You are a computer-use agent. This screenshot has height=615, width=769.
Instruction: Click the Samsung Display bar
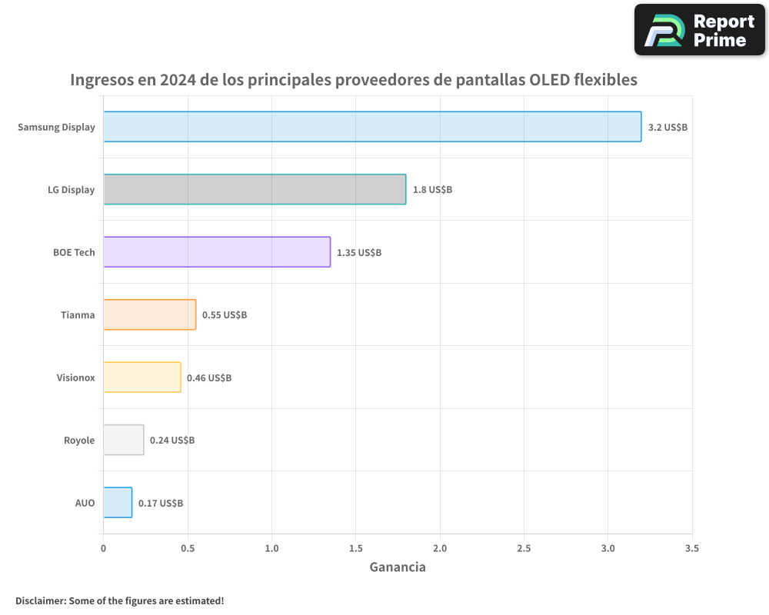(372, 127)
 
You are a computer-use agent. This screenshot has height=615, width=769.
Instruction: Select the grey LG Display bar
(255, 189)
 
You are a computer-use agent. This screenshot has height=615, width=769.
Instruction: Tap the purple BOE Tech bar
(217, 252)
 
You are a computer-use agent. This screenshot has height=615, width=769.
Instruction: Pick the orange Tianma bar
(150, 314)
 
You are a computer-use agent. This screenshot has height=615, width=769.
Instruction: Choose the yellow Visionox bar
(142, 377)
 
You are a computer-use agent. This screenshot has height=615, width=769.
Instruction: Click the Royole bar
(124, 440)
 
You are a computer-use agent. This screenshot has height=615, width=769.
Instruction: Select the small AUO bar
(118, 503)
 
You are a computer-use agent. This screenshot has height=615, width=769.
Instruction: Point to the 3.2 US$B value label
(667, 127)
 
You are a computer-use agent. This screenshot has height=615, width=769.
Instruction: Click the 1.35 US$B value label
(359, 252)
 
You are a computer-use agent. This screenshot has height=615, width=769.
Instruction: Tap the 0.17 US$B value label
(161, 503)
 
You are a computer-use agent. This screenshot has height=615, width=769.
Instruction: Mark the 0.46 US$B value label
(209, 377)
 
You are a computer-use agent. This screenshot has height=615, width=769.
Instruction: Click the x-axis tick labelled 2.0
(440, 548)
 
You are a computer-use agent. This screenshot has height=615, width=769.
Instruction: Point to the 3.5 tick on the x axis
(691, 548)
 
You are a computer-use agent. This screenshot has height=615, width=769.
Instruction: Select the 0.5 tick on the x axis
(187, 548)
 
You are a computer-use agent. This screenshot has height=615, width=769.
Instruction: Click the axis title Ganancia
(398, 567)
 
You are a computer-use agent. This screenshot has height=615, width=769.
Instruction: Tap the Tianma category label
(78, 314)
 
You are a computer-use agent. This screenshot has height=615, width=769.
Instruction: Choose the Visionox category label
(75, 377)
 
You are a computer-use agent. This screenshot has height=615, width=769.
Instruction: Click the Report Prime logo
(699, 30)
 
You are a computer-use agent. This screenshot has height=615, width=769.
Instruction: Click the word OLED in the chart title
(545, 79)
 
